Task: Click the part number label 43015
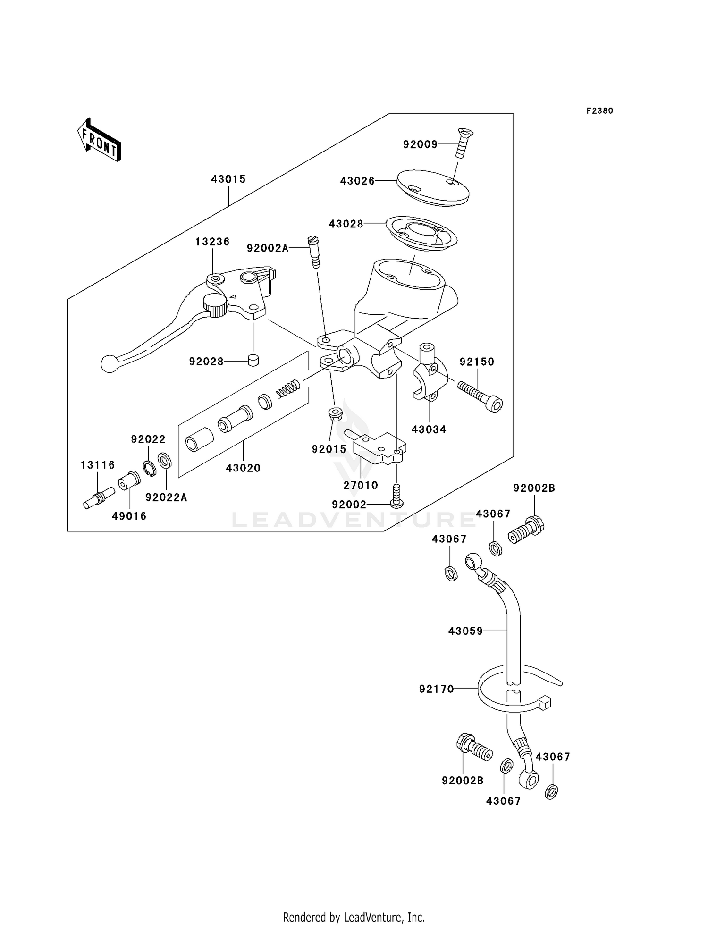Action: pyautogui.click(x=228, y=179)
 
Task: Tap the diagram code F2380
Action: pyautogui.click(x=599, y=111)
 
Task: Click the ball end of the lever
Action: pyautogui.click(x=109, y=364)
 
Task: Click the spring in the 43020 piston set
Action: pyautogui.click(x=288, y=388)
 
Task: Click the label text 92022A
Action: pyautogui.click(x=166, y=497)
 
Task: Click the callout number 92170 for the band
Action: pyautogui.click(x=436, y=689)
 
